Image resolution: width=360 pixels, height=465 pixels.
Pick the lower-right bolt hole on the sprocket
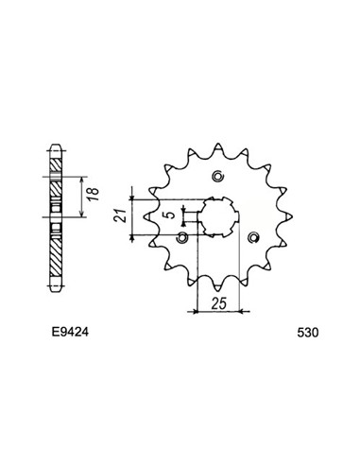[251, 238]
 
